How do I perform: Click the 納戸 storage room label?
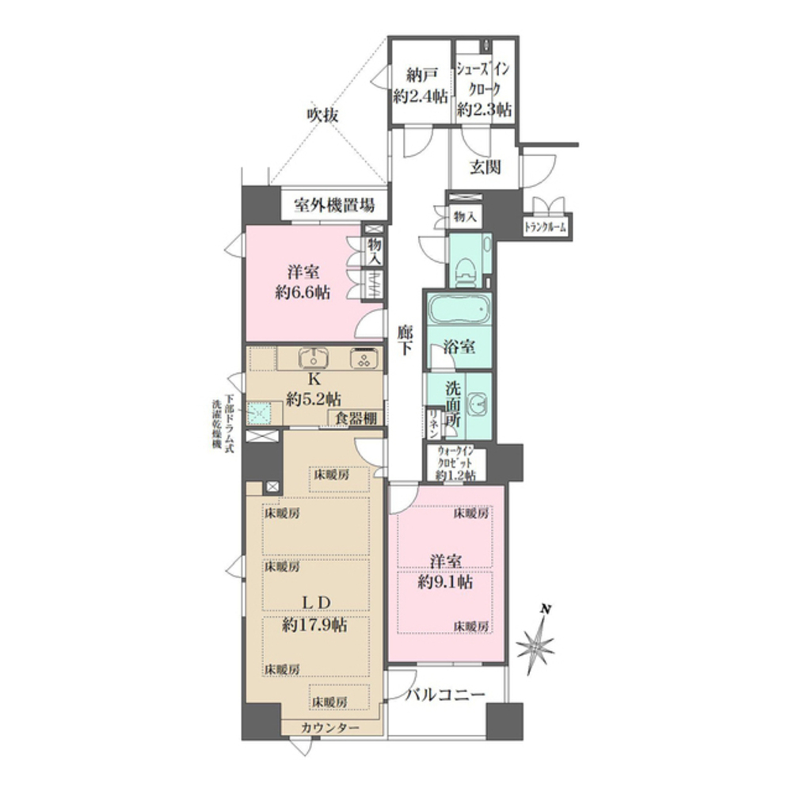pyautogui.click(x=421, y=77)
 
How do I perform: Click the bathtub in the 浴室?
pyautogui.click(x=458, y=311)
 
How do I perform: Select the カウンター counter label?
pyautogui.click(x=330, y=728)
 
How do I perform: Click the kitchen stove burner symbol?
pyautogui.click(x=364, y=359)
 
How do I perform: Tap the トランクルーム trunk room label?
pyautogui.click(x=546, y=228)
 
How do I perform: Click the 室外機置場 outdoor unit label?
pyautogui.click(x=335, y=206)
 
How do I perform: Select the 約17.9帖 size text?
pyautogui.click(x=314, y=625)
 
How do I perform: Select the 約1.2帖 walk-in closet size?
pyautogui.click(x=455, y=475)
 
